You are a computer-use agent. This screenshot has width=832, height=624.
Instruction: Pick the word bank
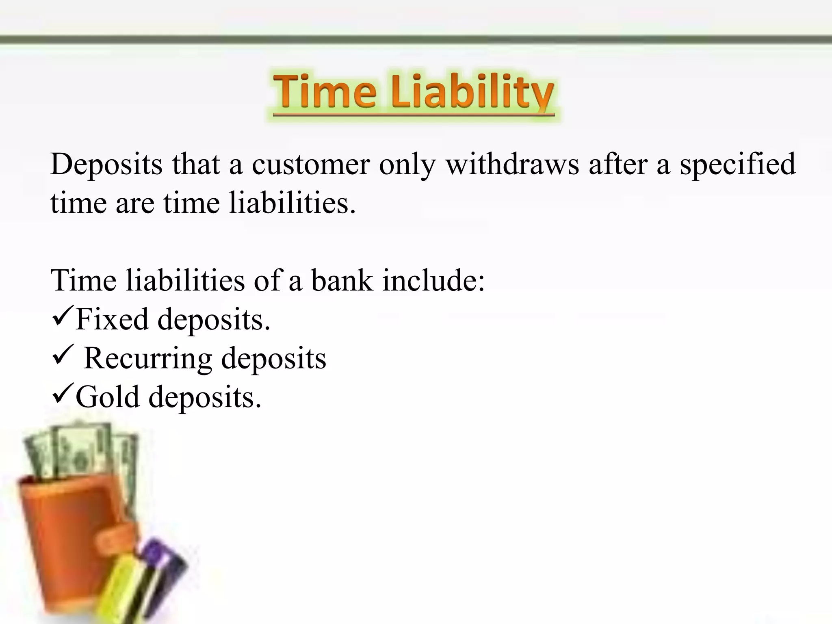(342, 281)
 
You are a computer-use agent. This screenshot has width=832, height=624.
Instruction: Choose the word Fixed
(112, 319)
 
